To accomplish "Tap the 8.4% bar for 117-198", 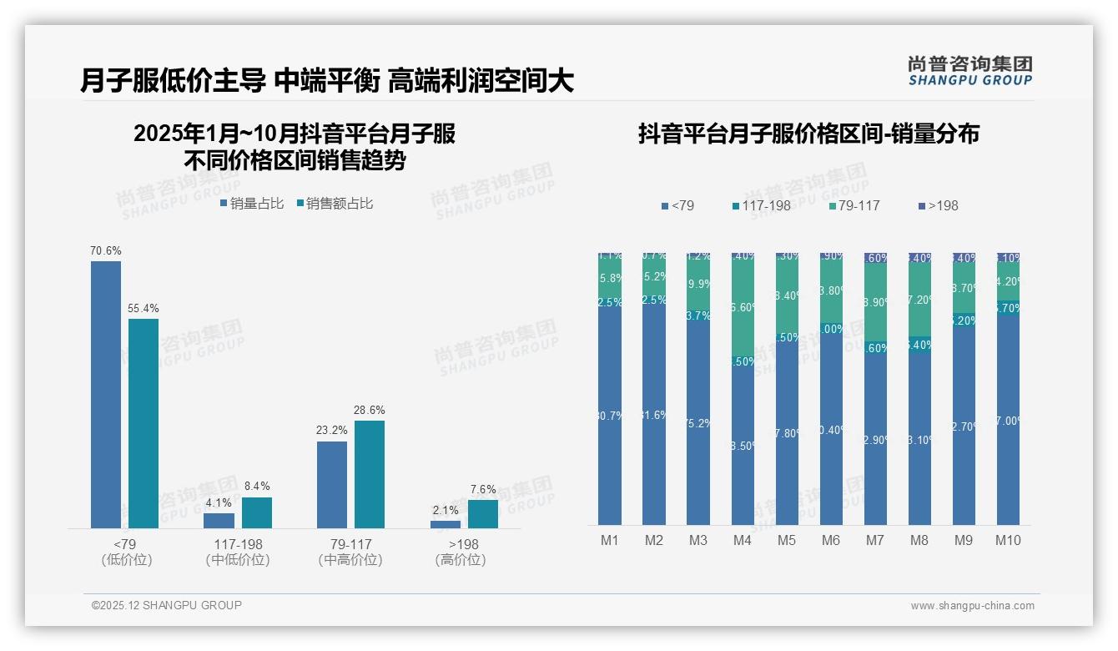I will pyautogui.click(x=257, y=512).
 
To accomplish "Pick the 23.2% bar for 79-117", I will pyautogui.click(x=332, y=484).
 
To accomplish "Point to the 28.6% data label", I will pyautogui.click(x=370, y=411).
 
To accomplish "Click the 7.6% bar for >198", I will pyautogui.click(x=483, y=513).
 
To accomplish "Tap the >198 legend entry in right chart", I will pyautogui.click(x=938, y=205).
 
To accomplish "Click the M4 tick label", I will pyautogui.click(x=743, y=540).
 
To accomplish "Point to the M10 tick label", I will pyautogui.click(x=1008, y=540).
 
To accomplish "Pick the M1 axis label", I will pyautogui.click(x=610, y=540).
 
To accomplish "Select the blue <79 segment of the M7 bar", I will pyautogui.click(x=875, y=439).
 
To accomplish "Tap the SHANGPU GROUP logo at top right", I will pyautogui.click(x=969, y=71).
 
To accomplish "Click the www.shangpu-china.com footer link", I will pyautogui.click(x=972, y=606).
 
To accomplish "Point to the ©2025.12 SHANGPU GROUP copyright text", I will pyautogui.click(x=166, y=605).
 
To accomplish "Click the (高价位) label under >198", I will pyautogui.click(x=461, y=560).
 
